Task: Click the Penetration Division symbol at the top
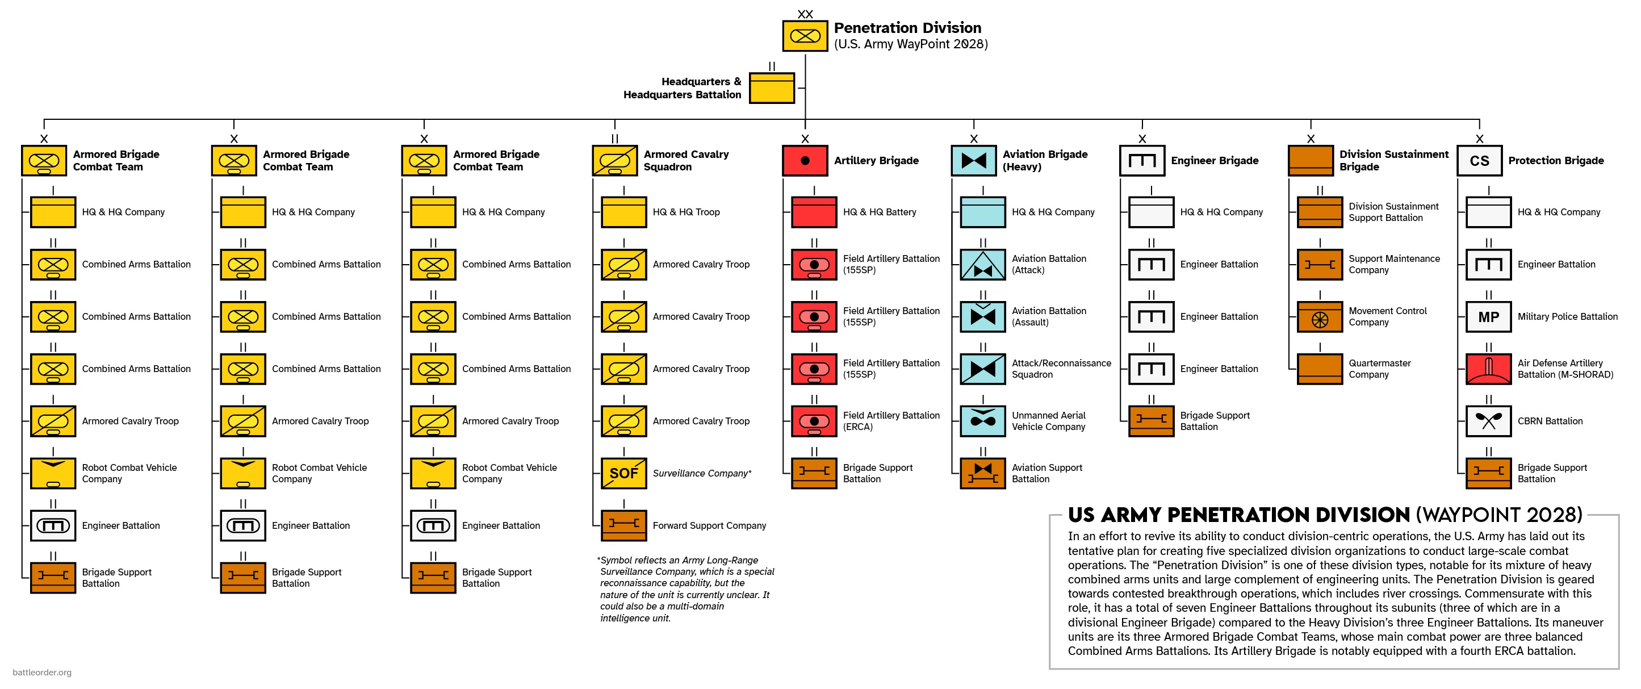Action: pyautogui.click(x=805, y=36)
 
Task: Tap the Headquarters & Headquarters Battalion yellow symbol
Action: pyautogui.click(x=772, y=88)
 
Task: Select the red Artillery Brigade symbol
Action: pyautogui.click(x=805, y=161)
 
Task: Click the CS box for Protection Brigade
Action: pyautogui.click(x=1479, y=161)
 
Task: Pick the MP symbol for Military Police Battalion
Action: pyautogui.click(x=1488, y=317)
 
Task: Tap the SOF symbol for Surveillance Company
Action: pyautogui.click(x=623, y=473)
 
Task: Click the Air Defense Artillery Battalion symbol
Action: pyautogui.click(x=1488, y=369)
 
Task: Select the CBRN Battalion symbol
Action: pyautogui.click(x=1488, y=421)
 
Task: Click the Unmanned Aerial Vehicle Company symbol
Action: pyautogui.click(x=983, y=421)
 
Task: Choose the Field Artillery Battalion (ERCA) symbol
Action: pyautogui.click(x=814, y=421)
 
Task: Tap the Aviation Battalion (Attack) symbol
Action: pyautogui.click(x=983, y=265)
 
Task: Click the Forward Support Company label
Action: pyautogui.click(x=709, y=526)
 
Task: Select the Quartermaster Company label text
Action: pyautogui.click(x=1379, y=369)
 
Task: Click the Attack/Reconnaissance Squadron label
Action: pyautogui.click(x=1061, y=369)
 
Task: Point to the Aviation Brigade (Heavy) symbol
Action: pyautogui.click(x=973, y=161)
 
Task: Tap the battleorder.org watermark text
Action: pyautogui.click(x=42, y=673)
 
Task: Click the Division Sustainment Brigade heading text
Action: pyautogui.click(x=1394, y=161)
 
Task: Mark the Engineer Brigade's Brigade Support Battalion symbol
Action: pyautogui.click(x=1151, y=421)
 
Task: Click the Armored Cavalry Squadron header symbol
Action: pyautogui.click(x=615, y=161)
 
